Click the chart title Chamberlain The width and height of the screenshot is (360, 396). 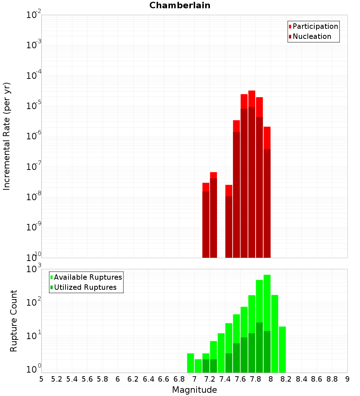[x=180, y=5]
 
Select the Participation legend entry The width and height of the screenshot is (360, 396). [x=315, y=26]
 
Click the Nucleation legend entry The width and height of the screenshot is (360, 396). [x=311, y=36]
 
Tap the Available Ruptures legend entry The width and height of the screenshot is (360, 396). [x=87, y=277]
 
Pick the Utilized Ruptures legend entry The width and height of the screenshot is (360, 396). [x=85, y=287]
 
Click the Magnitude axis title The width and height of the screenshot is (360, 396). [x=194, y=390]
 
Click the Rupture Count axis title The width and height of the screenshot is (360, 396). [x=14, y=321]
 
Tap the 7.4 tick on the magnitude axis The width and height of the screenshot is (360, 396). [x=225, y=379]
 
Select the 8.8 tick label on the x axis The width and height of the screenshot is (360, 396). [x=332, y=379]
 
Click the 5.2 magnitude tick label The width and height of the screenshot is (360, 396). [x=57, y=379]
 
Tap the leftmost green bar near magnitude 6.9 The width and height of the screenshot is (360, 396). [x=190, y=363]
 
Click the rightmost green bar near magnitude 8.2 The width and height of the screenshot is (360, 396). [x=282, y=349]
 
